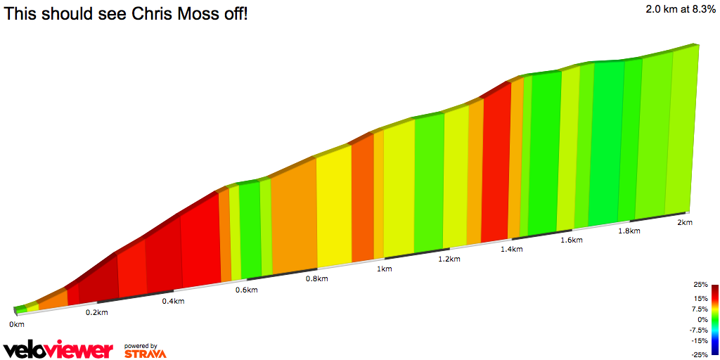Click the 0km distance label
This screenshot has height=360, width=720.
point(17,324)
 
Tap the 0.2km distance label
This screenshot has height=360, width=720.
point(97,312)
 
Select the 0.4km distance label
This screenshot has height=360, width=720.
point(174,302)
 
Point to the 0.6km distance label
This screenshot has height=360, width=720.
point(246,290)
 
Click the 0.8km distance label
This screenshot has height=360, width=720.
point(317,279)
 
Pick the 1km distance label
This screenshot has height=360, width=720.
point(384,269)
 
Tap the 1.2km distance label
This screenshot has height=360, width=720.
point(449,259)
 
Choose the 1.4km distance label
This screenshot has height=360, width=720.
point(512,249)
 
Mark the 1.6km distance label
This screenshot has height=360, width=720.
point(572,240)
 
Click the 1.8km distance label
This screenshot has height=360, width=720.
point(629,231)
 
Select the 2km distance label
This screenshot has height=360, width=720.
point(685,222)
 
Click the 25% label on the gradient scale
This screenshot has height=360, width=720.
point(701,285)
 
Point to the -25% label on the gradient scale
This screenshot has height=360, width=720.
point(700,354)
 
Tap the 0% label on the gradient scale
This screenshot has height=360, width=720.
point(702,319)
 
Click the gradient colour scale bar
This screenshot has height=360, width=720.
point(714,319)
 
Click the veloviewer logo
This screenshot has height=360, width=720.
point(58,349)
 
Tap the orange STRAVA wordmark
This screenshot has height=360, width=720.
point(145,354)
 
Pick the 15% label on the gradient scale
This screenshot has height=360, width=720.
point(701,298)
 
